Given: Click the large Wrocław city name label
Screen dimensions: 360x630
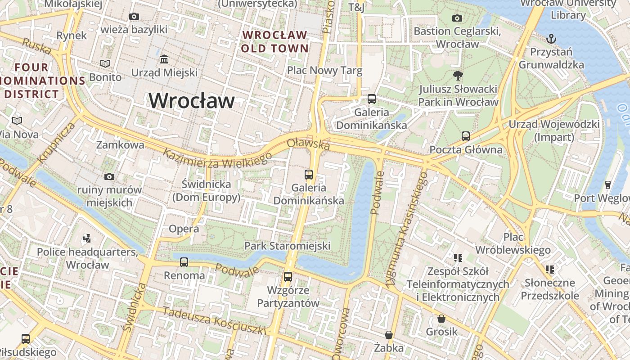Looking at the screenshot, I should click(x=192, y=100).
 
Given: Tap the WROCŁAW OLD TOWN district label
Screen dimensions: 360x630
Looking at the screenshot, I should click(x=274, y=41).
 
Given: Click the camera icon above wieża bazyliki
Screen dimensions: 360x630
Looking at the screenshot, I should click(x=134, y=17).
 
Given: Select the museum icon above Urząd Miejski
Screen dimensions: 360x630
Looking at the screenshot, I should click(x=164, y=59).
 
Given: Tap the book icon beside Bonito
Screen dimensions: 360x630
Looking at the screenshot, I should click(x=105, y=64).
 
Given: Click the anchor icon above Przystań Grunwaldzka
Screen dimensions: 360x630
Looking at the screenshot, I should click(x=551, y=38).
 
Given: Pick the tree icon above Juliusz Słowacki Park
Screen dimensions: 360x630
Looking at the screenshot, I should click(x=458, y=75).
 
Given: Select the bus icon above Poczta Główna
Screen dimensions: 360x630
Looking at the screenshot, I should click(x=466, y=136).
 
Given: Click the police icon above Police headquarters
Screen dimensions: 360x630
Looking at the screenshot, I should click(x=87, y=238).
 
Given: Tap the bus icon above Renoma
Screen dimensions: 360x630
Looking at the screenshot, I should click(x=184, y=262).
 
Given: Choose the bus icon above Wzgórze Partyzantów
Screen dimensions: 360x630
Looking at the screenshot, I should click(x=288, y=276).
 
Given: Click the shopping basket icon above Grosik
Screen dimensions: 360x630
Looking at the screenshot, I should click(x=441, y=319).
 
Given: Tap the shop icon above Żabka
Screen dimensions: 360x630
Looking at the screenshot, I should click(x=389, y=335).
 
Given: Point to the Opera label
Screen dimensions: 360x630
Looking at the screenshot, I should click(x=184, y=229).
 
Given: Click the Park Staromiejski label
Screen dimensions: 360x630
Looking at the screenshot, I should click(x=287, y=246).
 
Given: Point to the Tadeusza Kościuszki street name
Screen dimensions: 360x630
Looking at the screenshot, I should click(x=214, y=321).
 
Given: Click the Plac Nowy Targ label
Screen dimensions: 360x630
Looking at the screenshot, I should click(x=324, y=71).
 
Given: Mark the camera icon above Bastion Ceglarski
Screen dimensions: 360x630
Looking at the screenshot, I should click(x=457, y=18).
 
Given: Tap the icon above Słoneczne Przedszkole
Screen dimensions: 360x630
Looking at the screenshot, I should click(x=549, y=269).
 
